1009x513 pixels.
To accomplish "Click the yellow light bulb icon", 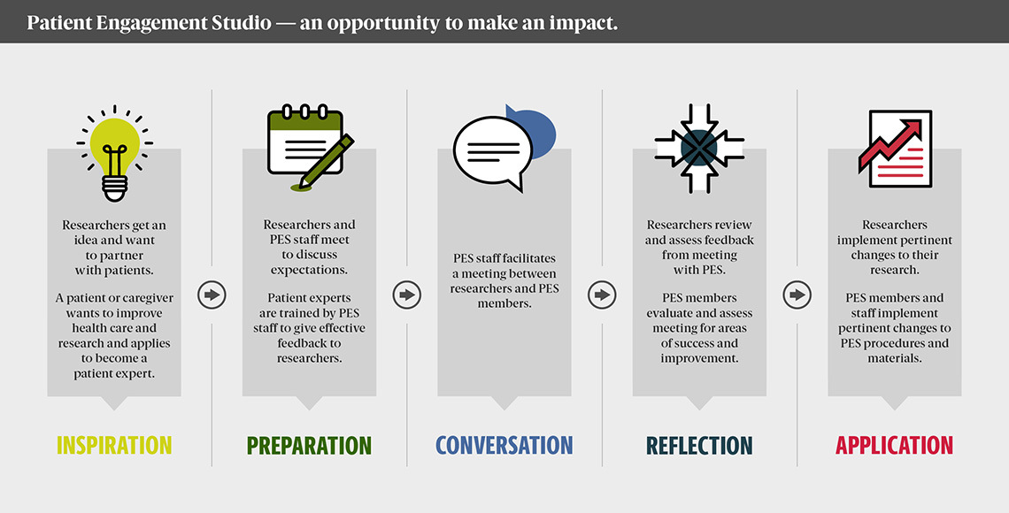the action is tap(114, 153).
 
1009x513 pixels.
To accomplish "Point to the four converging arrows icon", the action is tap(699, 148).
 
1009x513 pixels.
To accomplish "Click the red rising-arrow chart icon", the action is tap(896, 149).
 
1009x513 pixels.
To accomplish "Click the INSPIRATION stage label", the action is tap(114, 445).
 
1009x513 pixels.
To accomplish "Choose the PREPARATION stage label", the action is tap(310, 445).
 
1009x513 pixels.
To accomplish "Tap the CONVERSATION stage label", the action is tap(504, 445).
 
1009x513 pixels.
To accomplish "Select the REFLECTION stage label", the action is tap(699, 445).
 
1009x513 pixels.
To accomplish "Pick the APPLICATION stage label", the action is tap(895, 445).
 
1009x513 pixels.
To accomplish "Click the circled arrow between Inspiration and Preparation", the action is tap(212, 295).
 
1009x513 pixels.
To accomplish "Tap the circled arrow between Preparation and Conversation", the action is tap(406, 295).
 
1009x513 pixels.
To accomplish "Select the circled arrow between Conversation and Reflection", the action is tap(602, 295).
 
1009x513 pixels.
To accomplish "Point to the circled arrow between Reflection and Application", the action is tap(797, 295).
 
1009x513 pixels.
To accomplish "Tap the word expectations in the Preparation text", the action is tap(310, 270).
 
